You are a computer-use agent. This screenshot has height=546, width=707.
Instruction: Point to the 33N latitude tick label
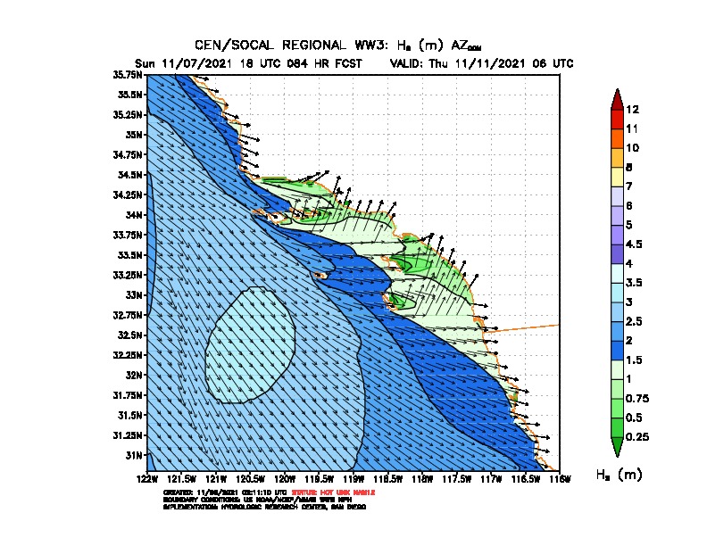point(135,294)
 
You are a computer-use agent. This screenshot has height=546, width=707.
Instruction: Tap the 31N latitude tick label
point(135,455)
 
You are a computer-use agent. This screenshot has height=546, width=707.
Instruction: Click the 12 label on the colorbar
point(633,110)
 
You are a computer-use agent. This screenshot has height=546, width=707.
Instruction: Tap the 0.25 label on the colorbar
point(637,436)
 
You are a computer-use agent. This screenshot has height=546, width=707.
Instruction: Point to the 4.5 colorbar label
point(635,244)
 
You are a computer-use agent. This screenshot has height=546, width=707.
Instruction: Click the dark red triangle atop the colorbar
point(616,98)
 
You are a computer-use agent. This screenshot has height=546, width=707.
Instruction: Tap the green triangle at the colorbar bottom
point(616,446)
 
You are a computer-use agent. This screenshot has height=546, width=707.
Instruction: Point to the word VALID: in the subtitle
point(409,63)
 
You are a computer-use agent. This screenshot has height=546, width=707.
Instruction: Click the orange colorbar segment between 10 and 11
point(616,138)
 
